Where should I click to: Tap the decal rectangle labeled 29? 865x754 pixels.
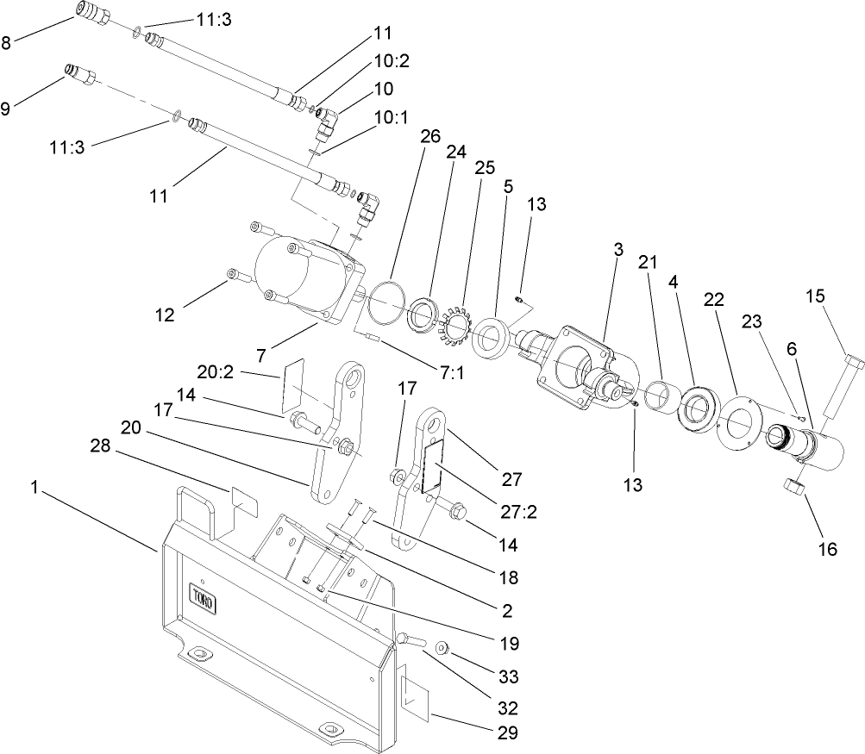[416, 694]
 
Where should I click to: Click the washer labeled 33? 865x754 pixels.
[441, 646]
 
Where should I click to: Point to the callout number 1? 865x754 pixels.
[34, 488]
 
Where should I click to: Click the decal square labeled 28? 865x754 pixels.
[244, 502]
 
